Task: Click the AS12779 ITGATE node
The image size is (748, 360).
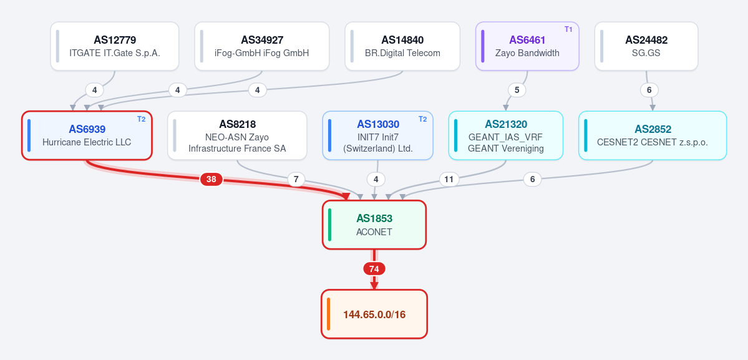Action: tap(115, 46)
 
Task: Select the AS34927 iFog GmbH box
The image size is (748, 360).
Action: tap(262, 46)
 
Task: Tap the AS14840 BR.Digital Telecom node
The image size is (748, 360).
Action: tap(402, 46)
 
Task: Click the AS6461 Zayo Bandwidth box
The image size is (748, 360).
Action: tap(527, 46)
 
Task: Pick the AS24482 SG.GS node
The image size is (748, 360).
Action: tap(646, 46)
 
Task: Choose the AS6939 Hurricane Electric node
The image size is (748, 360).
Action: tap(87, 135)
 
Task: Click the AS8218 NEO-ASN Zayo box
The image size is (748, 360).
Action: tap(237, 135)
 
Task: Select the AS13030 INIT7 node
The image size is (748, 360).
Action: tap(378, 135)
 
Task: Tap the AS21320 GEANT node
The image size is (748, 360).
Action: tap(506, 135)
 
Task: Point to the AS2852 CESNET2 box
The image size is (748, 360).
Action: tap(653, 135)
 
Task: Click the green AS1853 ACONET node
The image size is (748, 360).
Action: tap(374, 225)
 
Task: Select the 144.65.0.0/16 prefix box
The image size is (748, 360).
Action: tap(374, 314)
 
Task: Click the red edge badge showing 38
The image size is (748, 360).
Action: tap(211, 179)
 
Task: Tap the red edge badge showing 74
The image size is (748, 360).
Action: tap(374, 269)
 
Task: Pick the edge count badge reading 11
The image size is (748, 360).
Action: tap(449, 179)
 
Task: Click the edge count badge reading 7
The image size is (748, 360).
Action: tap(296, 179)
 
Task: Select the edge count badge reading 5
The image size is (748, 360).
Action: tap(517, 90)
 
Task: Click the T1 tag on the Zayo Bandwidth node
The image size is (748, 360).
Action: tap(568, 29)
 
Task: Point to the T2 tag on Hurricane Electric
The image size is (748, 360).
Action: tap(141, 119)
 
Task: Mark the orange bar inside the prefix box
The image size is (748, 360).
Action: tap(329, 314)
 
